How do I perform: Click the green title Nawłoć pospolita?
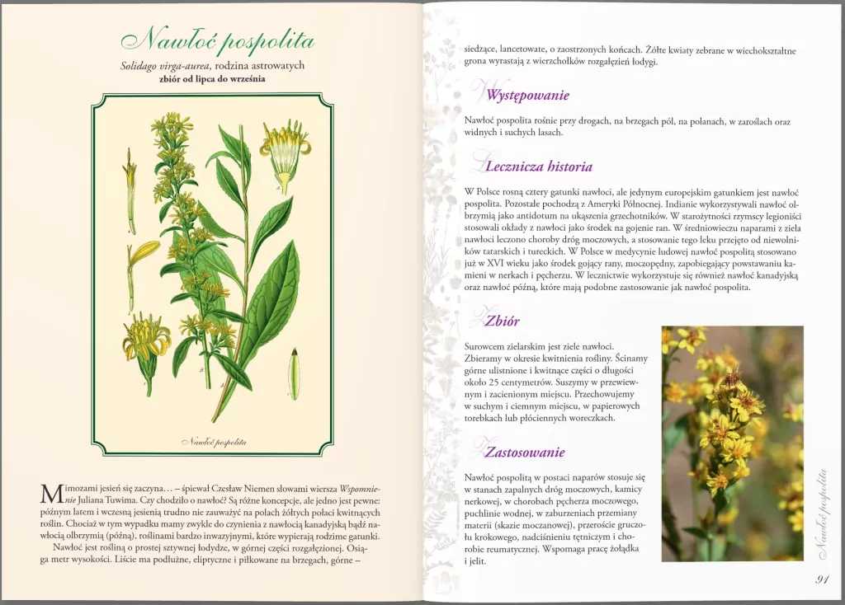click(x=217, y=40)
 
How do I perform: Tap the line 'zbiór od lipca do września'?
click(x=217, y=79)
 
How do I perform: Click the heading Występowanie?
click(x=526, y=95)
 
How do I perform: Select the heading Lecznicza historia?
click(x=538, y=166)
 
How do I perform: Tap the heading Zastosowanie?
click(x=524, y=452)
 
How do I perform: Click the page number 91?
click(x=822, y=579)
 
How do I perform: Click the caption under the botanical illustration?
click(x=213, y=442)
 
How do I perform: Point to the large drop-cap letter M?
click(x=50, y=494)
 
